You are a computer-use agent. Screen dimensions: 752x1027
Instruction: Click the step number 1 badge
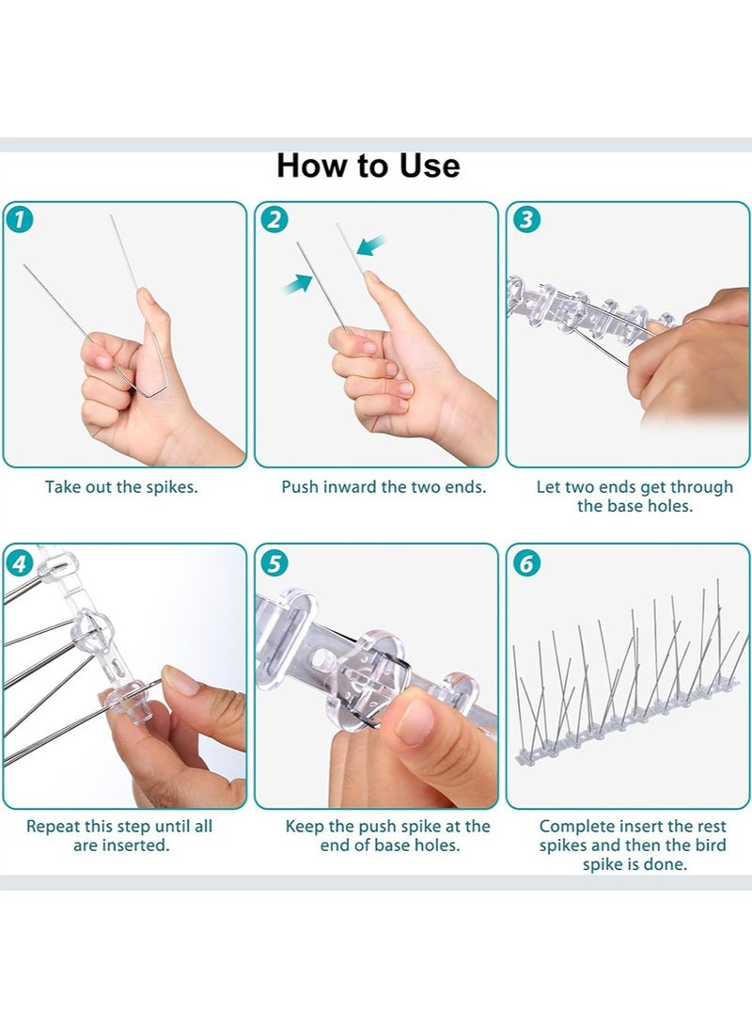click(20, 219)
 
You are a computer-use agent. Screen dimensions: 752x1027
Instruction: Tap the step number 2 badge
click(274, 219)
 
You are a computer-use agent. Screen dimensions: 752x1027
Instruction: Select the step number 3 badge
click(526, 219)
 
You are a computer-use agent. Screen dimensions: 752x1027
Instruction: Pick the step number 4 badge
click(20, 563)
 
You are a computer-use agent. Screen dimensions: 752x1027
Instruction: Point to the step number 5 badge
click(274, 563)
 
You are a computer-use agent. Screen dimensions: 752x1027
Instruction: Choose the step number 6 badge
click(526, 563)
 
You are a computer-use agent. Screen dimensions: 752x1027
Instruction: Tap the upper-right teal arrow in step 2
click(371, 246)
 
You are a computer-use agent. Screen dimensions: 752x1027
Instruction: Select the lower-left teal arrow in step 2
click(297, 285)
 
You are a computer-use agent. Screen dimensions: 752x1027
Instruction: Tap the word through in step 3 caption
click(701, 488)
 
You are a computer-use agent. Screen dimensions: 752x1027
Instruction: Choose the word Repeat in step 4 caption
click(53, 828)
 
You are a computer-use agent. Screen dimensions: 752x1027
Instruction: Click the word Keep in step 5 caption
click(305, 828)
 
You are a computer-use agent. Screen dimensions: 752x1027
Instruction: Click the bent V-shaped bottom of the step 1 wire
click(149, 391)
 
